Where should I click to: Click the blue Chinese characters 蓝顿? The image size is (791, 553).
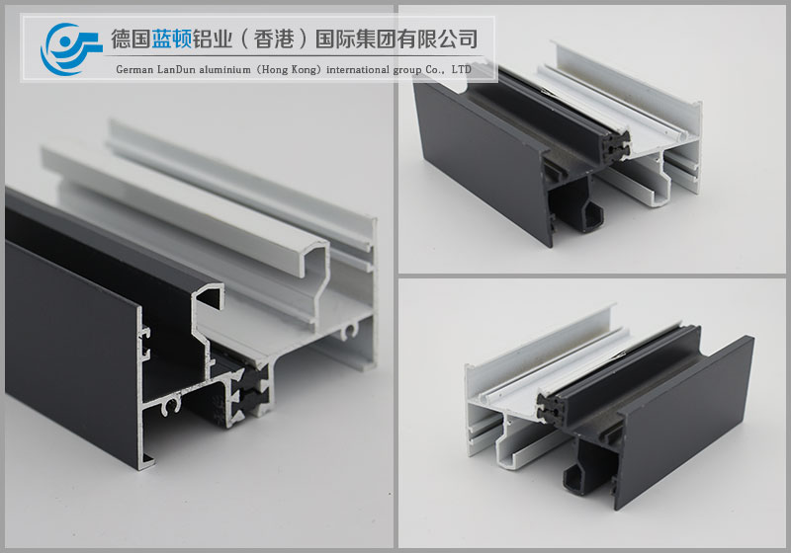click(x=171, y=39)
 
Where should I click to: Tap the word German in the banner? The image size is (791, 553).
click(x=133, y=69)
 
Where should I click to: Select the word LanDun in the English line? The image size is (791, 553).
click(x=176, y=69)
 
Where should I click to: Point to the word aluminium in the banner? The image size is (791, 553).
click(x=225, y=69)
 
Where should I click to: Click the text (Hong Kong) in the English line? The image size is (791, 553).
click(x=289, y=69)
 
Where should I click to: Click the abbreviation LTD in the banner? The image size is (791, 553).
click(x=461, y=69)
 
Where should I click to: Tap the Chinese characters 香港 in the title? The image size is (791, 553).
click(x=274, y=39)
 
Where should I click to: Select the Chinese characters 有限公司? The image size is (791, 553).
click(x=437, y=39)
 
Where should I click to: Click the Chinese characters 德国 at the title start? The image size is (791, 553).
click(x=131, y=39)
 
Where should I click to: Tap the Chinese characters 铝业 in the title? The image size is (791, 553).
click(x=212, y=39)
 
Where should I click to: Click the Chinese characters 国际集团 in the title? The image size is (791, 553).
click(x=355, y=39)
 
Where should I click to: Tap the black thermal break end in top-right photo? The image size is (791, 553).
click(x=616, y=146)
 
